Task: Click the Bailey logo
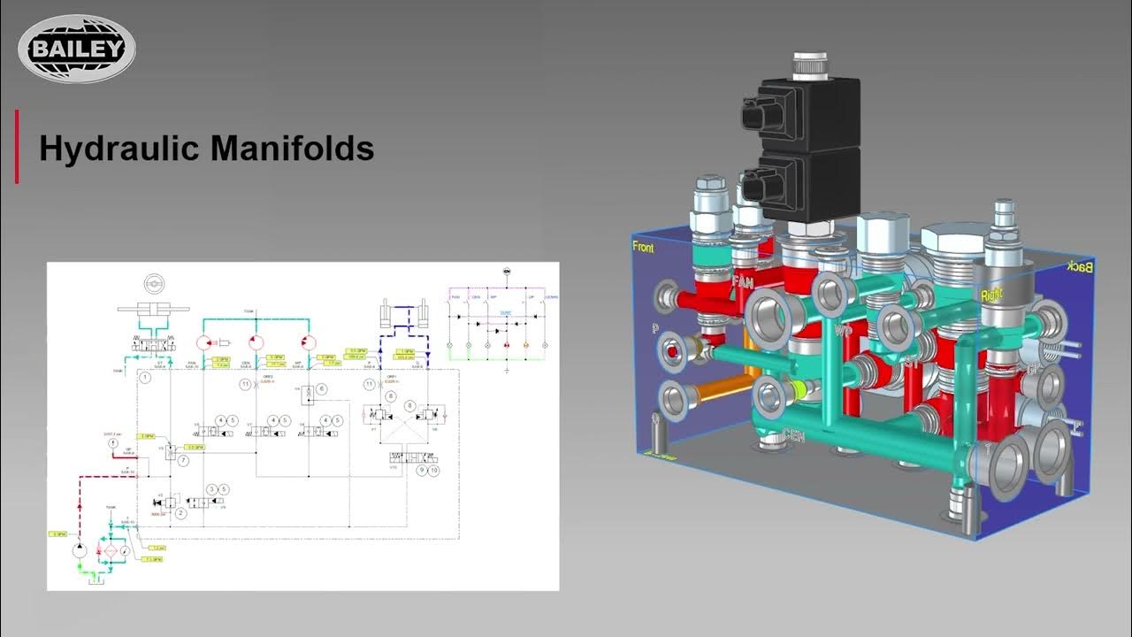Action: (77, 49)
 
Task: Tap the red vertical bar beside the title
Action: (16, 147)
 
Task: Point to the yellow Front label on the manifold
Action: (643, 248)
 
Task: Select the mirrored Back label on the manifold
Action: (1081, 266)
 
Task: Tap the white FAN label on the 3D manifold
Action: (743, 282)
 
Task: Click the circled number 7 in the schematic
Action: (182, 461)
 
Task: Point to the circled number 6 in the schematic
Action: (322, 389)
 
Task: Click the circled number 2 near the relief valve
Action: (180, 512)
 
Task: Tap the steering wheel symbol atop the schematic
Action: (156, 286)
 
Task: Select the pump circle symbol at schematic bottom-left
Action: (80, 549)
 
